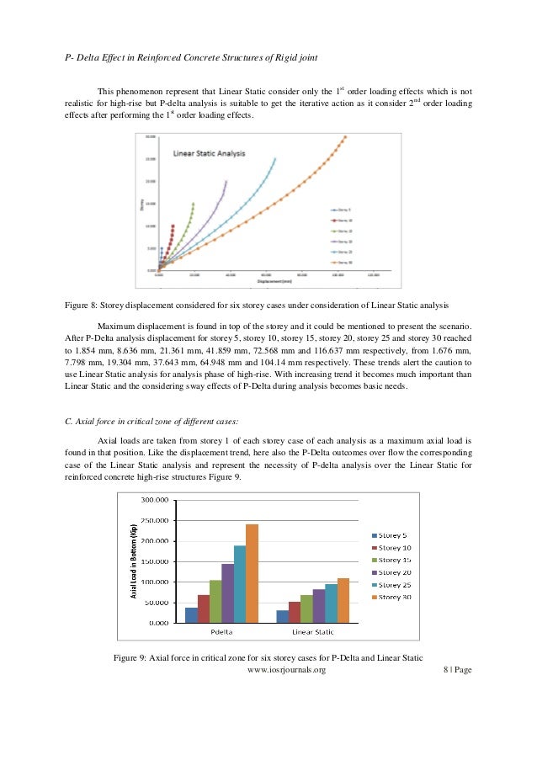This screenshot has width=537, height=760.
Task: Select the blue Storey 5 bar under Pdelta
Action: (x=191, y=615)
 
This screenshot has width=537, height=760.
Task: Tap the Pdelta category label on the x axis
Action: (x=221, y=632)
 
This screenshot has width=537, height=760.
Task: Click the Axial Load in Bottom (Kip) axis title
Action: (x=133, y=561)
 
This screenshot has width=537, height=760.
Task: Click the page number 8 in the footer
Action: (x=444, y=671)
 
